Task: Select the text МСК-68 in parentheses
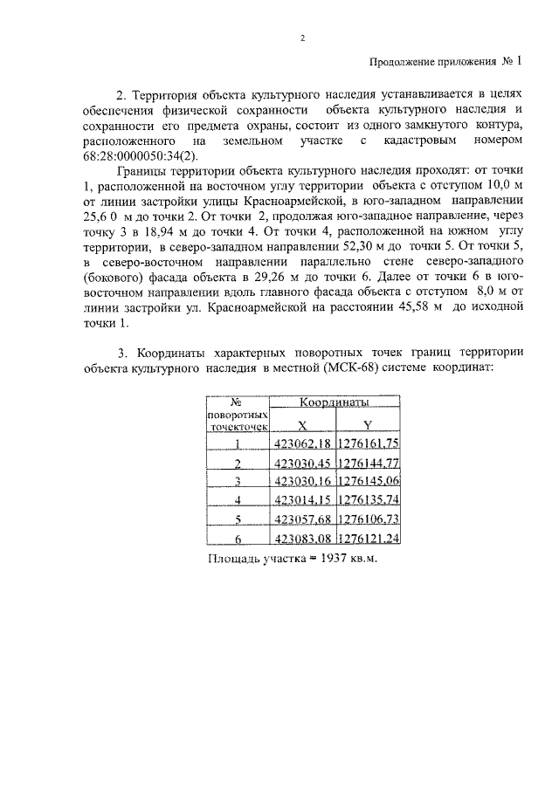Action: coord(373,370)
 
